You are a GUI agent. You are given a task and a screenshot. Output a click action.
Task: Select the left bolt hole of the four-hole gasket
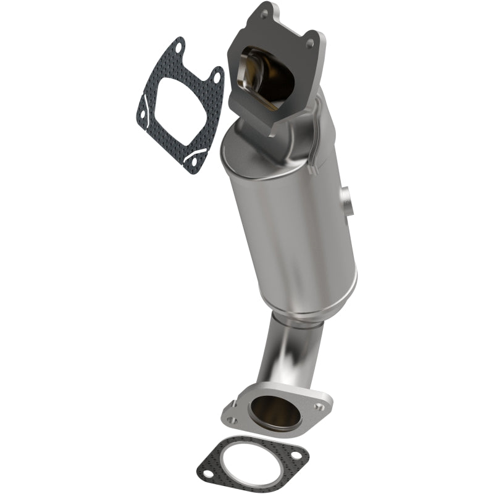pyautogui.click(x=143, y=113)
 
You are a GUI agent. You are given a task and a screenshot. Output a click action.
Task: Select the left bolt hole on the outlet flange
pyautogui.click(x=233, y=420)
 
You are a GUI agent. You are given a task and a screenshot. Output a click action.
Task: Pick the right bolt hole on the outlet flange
pyautogui.click(x=319, y=407)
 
